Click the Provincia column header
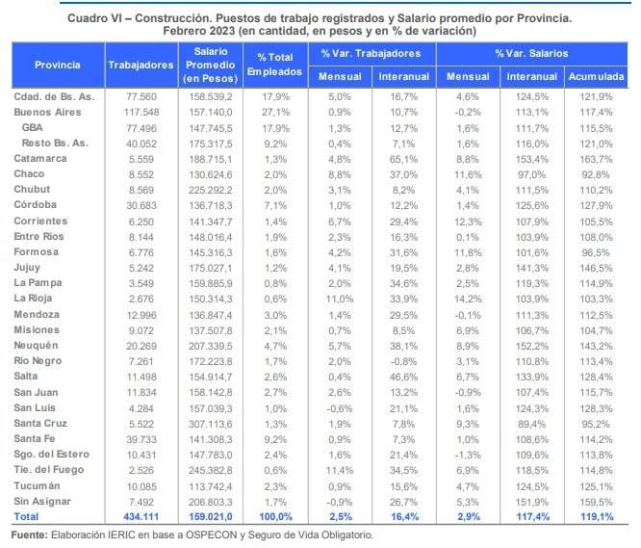pos(58,65)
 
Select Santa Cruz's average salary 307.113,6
pos(210,424)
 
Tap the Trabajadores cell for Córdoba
pos(141,205)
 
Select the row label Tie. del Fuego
pos(49,470)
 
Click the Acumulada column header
pos(596,76)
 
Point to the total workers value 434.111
pos(141,517)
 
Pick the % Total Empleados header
pos(275,65)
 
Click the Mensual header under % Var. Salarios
pos(468,76)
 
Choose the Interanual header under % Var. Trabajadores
pos(404,76)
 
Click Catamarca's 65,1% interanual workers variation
pos(403,159)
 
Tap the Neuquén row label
pos(36,346)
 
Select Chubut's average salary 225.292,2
pos(210,190)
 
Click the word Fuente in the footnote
pos(30,535)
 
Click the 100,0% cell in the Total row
pos(275,517)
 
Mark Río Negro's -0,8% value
pos(403,361)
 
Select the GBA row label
pos(33,127)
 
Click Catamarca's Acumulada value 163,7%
pos(596,159)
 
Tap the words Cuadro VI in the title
pos(94,18)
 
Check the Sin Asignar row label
pos(42,502)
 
